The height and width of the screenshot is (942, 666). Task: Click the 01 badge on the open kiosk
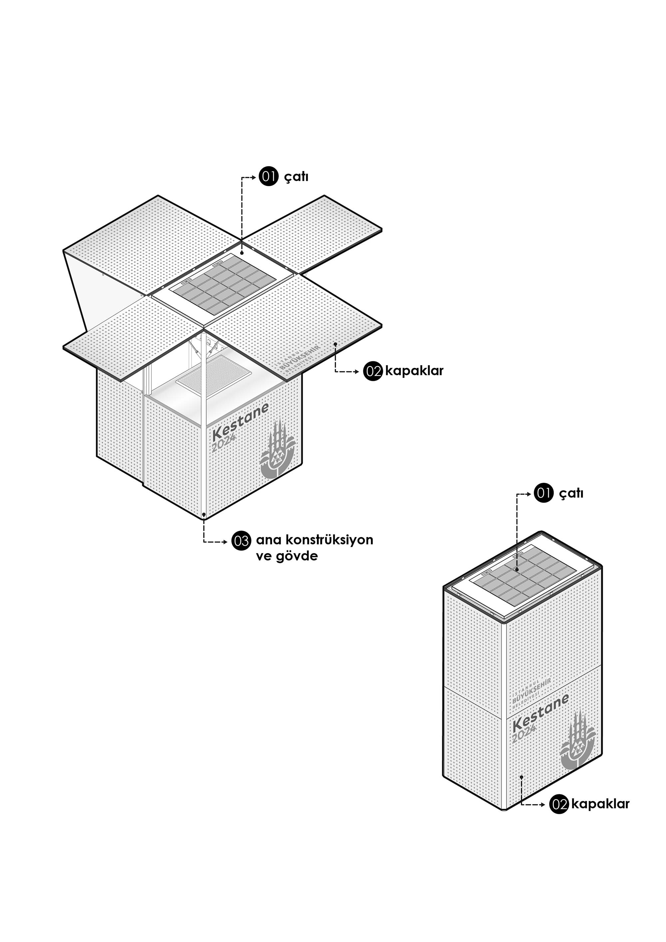268,176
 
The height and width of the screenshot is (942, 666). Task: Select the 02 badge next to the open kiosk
373,371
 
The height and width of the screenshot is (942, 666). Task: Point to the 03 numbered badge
241,540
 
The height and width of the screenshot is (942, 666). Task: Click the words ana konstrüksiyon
314,539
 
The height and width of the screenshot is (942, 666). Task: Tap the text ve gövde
287,556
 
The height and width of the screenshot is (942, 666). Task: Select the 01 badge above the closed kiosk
544,493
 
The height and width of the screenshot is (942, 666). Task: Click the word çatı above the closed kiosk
571,493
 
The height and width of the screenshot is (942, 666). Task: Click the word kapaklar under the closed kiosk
600,804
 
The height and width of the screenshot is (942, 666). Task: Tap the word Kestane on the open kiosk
240,420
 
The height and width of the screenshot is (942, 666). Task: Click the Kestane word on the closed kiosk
540,711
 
